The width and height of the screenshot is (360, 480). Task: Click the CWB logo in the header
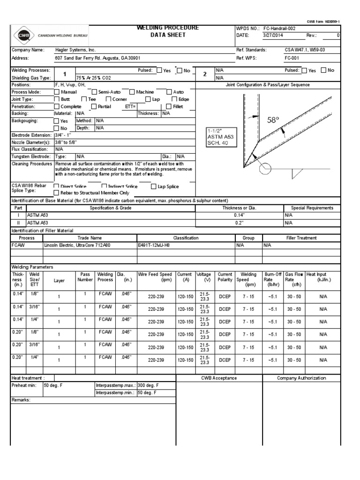tap(22, 35)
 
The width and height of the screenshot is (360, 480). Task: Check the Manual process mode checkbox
tap(57, 92)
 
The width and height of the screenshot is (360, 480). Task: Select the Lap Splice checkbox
tap(154, 187)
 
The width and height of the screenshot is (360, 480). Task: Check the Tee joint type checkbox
tap(84, 99)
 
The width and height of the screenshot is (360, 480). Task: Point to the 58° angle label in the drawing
tap(273, 120)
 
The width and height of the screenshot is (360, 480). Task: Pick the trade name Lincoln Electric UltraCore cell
tap(74, 245)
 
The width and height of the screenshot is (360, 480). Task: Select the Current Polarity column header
tap(225, 277)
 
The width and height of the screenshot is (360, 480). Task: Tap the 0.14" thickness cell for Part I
tap(239, 215)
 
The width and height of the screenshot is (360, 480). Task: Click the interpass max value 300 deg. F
tap(148, 385)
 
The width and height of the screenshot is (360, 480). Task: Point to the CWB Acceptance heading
tap(219, 378)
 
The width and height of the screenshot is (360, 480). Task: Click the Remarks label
tap(21, 400)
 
